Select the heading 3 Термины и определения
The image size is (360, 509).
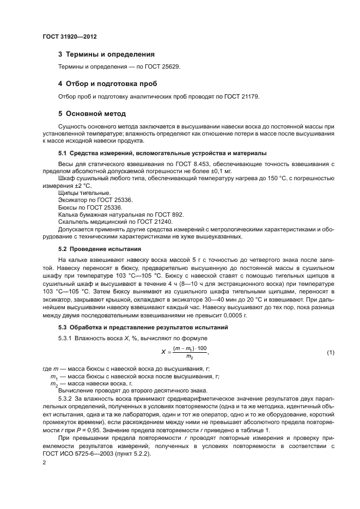pos(106,54)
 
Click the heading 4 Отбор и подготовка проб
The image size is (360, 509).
pos(107,84)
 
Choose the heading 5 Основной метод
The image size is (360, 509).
pos(92,114)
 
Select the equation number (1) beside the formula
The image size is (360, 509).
pos(331,353)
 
